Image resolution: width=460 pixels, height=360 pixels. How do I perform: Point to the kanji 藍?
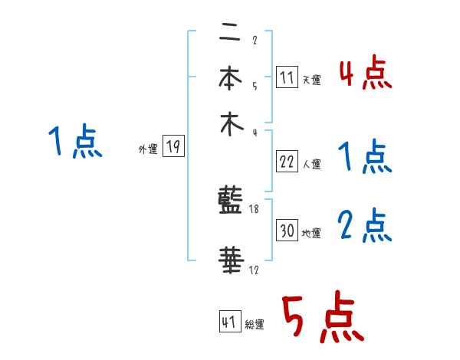coord(231,203)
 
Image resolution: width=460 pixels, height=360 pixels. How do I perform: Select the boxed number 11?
coord(287,77)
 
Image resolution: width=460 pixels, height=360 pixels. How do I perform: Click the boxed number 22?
coord(287,162)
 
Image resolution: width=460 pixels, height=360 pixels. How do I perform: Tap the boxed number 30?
coord(287,231)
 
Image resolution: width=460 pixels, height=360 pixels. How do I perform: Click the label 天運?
coord(311,80)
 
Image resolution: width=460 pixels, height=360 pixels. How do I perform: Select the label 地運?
coord(311,233)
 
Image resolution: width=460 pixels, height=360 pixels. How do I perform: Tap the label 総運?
coord(255,325)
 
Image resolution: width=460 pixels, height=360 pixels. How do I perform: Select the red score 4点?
coord(365,74)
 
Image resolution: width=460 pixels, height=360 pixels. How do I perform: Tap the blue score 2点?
coord(365,226)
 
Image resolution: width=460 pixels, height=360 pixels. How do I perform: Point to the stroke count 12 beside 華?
coord(255,270)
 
